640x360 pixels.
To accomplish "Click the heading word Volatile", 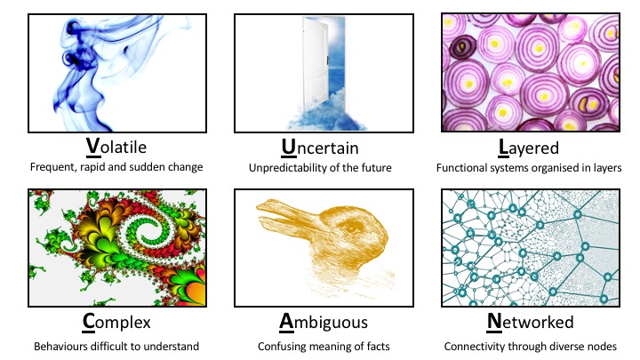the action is pyautogui.click(x=116, y=147).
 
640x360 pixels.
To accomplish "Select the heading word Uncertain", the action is pyautogui.click(x=320, y=148).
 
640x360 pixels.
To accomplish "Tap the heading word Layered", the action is pyautogui.click(x=529, y=148).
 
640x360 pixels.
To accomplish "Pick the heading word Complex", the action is pyautogui.click(x=116, y=323).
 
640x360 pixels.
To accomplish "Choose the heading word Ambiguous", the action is pyautogui.click(x=324, y=323).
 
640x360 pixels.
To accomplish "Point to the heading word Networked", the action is pyautogui.click(x=530, y=322).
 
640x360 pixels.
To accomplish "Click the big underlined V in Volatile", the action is pyautogui.click(x=93, y=147).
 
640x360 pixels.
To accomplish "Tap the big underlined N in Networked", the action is pyautogui.click(x=494, y=322).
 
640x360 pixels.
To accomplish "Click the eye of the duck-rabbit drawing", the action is pyautogui.click(x=350, y=229).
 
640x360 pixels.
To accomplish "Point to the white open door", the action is pyautogui.click(x=316, y=62).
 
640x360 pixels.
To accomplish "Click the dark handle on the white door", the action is pyautogui.click(x=327, y=60).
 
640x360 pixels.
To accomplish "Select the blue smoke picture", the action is pyautogui.click(x=117, y=74).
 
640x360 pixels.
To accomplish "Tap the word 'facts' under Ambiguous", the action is pyautogui.click(x=378, y=347).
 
